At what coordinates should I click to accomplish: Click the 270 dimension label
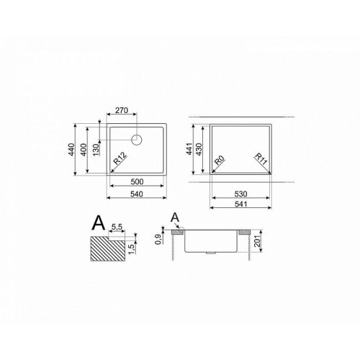(122, 110)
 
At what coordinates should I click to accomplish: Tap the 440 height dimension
(71, 149)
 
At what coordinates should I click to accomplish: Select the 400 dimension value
(84, 150)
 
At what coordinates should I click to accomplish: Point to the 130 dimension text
(96, 150)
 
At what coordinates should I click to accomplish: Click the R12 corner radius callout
(120, 158)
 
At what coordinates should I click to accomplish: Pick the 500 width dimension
(137, 181)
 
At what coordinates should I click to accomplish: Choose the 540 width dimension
(137, 194)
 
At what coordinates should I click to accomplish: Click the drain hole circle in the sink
(137, 140)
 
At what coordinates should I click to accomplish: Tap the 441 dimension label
(189, 149)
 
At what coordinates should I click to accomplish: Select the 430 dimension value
(199, 149)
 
